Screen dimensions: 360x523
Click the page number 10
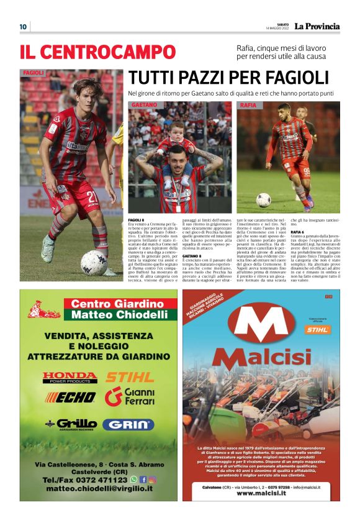(23, 26)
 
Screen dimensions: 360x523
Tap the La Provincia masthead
(317, 26)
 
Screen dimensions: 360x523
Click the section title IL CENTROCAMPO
(97, 52)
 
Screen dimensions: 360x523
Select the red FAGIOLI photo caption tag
(34, 73)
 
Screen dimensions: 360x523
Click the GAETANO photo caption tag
(143, 106)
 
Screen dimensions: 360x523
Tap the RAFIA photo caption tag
(249, 106)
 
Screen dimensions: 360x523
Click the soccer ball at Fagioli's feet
(94, 262)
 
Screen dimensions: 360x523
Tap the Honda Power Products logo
(70, 377)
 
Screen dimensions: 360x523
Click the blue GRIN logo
(128, 424)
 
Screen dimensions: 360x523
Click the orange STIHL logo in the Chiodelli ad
(129, 376)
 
